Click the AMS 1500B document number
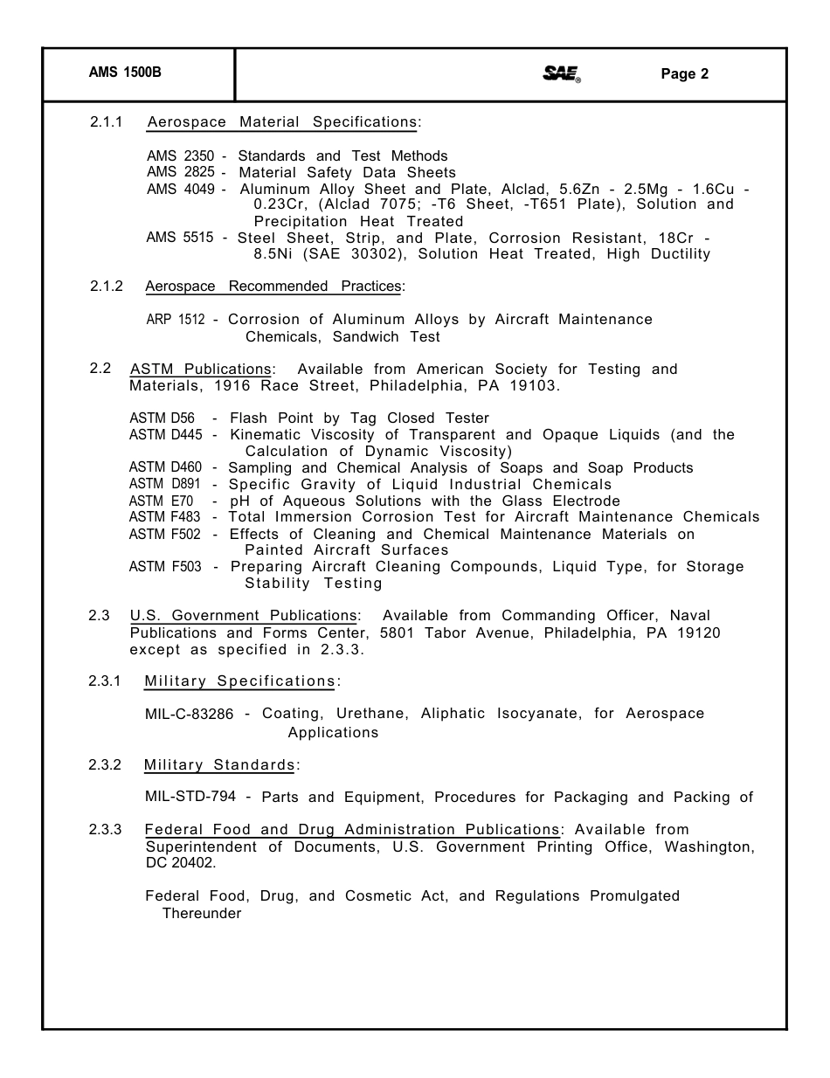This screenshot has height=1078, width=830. coord(125,74)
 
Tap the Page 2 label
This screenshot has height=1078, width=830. coord(684,74)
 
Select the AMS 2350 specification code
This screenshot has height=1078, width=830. coord(180,156)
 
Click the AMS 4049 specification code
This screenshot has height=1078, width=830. coord(180,189)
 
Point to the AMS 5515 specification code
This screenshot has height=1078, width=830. coord(180,238)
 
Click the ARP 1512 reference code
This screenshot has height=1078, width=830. coord(175,320)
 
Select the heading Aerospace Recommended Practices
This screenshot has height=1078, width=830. coord(273,287)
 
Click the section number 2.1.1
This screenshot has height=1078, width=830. coord(107,122)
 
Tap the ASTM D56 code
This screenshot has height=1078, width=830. coord(163,418)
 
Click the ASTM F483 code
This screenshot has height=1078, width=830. coord(165,517)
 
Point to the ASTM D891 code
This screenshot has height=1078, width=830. coord(165,485)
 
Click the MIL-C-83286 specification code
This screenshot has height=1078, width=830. coord(190,715)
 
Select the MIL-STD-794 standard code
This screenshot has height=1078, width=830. coord(190,798)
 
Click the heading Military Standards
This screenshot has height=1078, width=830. coord(219,765)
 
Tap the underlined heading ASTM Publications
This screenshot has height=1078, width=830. coord(200,370)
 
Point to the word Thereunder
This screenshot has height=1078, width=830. coord(202,914)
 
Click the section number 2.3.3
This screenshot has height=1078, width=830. coord(106,830)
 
